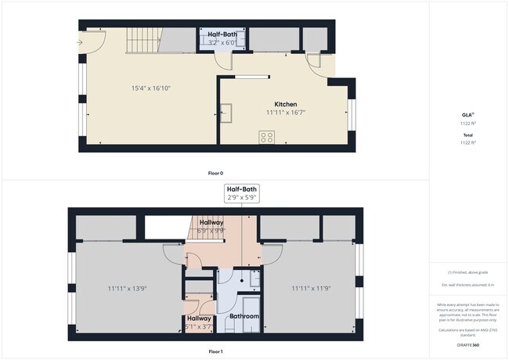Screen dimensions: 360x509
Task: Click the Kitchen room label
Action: pos(285,104)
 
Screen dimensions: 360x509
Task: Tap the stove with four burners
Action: pos(266,136)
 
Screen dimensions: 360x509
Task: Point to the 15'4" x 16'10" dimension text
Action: pos(150,88)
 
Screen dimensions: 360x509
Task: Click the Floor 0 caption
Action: pos(215,172)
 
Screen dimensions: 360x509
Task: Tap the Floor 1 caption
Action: pos(215,351)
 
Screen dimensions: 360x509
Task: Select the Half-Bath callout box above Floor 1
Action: pos(241,193)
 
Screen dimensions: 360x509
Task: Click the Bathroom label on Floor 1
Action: pos(244,316)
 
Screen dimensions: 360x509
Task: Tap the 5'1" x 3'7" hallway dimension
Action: pos(199,327)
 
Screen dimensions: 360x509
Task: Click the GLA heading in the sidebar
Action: pos(467,115)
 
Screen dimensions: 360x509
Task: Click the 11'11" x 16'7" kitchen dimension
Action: pos(285,113)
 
